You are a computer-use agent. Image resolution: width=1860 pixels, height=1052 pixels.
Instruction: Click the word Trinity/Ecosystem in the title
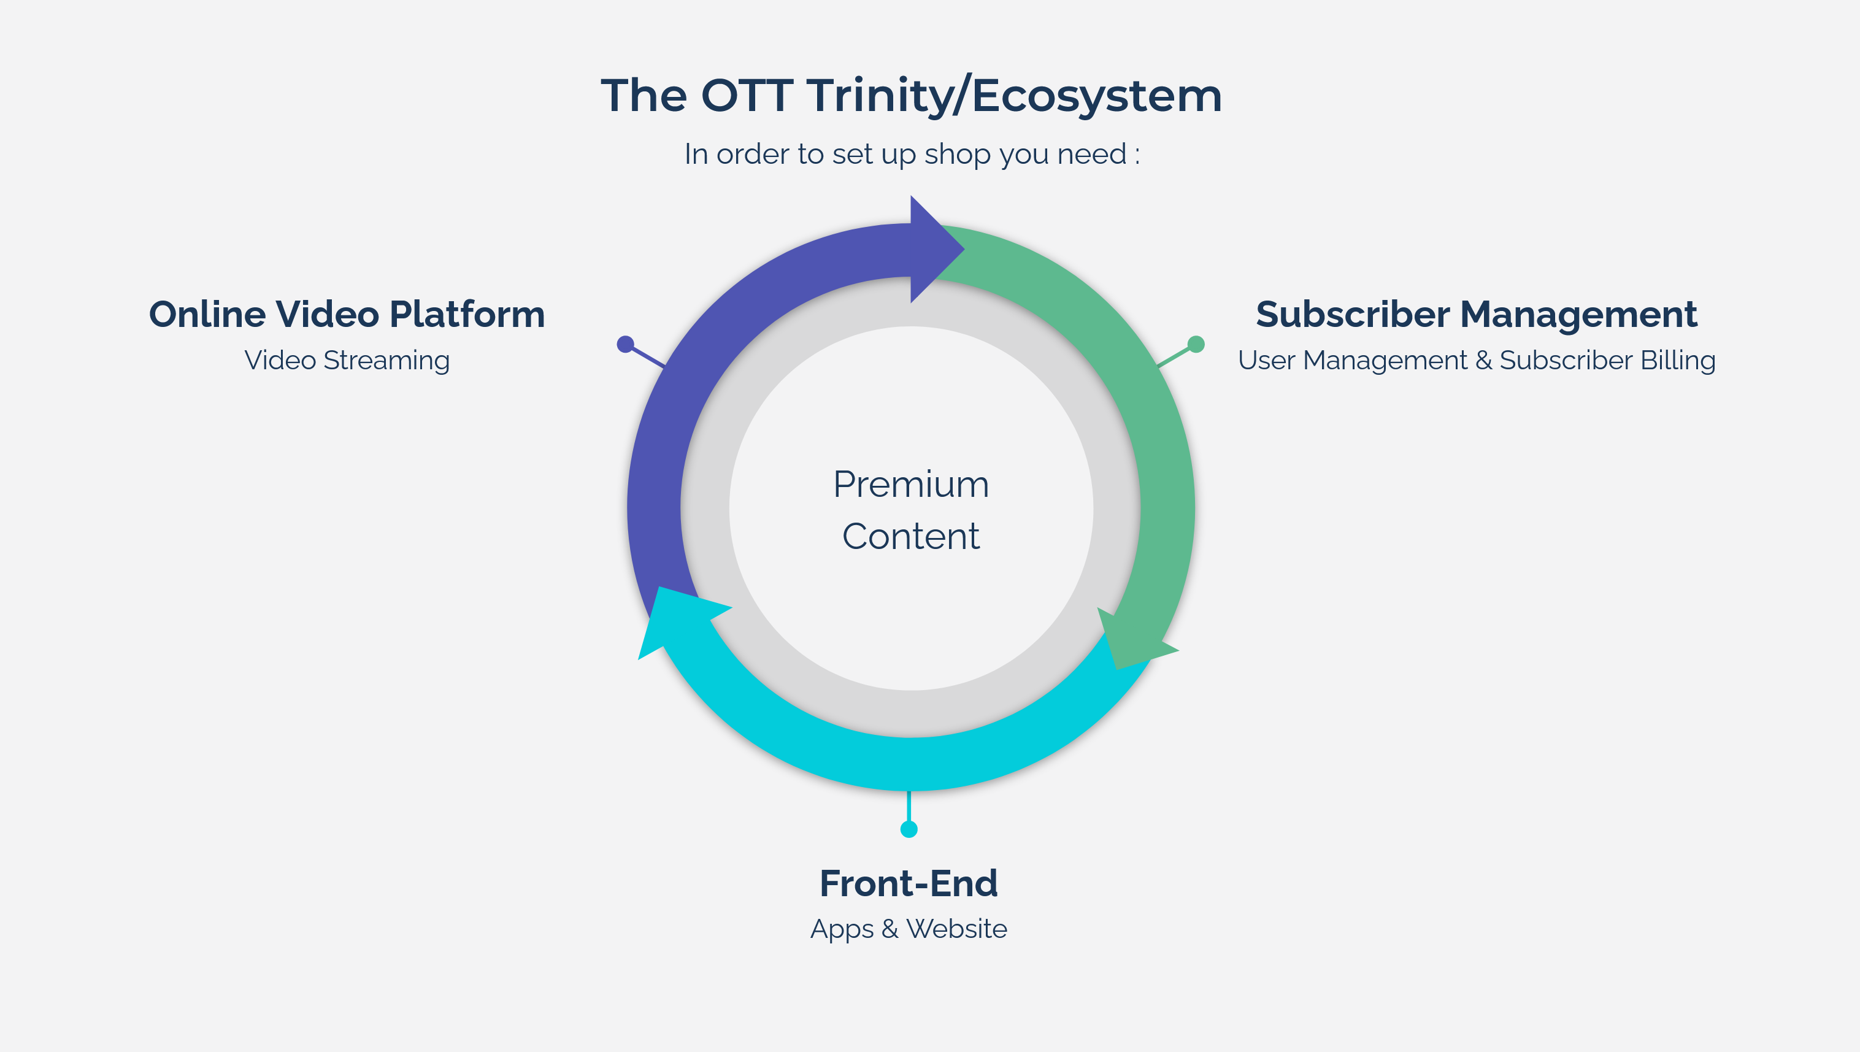[x=1014, y=96]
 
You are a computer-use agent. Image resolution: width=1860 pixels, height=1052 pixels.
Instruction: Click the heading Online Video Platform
[x=347, y=315]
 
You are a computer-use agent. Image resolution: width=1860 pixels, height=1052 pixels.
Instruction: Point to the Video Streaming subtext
[x=347, y=361]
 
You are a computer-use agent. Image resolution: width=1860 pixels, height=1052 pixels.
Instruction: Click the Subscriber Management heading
[x=1477, y=315]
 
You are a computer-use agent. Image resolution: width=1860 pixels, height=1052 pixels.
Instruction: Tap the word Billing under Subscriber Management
[x=1678, y=361]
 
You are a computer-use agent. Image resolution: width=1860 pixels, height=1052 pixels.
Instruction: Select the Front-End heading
[x=909, y=884]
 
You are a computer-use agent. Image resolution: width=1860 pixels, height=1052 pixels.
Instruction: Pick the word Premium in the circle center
[x=911, y=485]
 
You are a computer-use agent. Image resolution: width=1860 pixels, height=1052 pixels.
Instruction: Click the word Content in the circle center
[x=910, y=537]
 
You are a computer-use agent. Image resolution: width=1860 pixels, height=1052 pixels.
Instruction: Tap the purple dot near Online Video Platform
[x=626, y=344]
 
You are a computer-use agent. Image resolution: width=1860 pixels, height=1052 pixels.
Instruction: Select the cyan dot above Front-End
[x=909, y=829]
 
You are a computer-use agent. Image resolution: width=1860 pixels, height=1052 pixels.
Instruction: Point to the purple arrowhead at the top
[x=934, y=249]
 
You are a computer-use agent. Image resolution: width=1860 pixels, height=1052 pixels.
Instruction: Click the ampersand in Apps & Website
[x=890, y=929]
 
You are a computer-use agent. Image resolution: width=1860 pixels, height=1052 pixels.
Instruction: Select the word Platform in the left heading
[x=467, y=315]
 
